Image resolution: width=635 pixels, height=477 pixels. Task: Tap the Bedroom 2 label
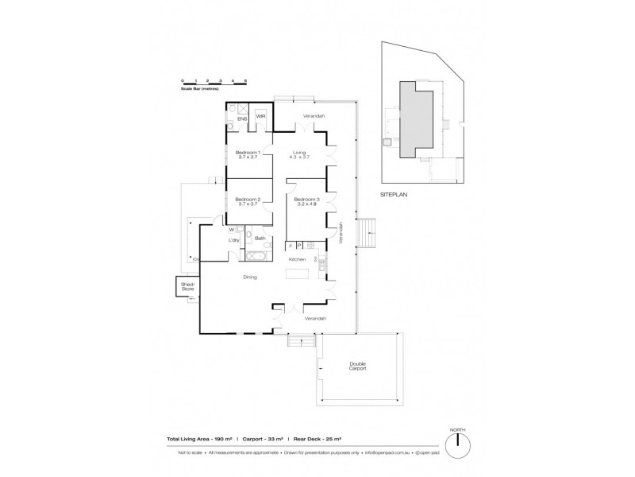coord(248,200)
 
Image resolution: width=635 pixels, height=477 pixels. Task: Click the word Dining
coord(250,277)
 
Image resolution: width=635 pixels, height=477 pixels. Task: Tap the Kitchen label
coord(297,260)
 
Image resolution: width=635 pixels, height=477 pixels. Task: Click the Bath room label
coord(260,238)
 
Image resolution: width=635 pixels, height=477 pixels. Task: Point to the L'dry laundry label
coord(234,240)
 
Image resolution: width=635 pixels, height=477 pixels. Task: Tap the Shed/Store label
coord(187,287)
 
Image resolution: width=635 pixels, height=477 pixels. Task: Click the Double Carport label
coord(357,366)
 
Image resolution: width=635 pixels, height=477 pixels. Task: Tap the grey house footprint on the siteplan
coord(414,119)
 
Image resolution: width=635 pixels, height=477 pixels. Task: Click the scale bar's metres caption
coord(199,88)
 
